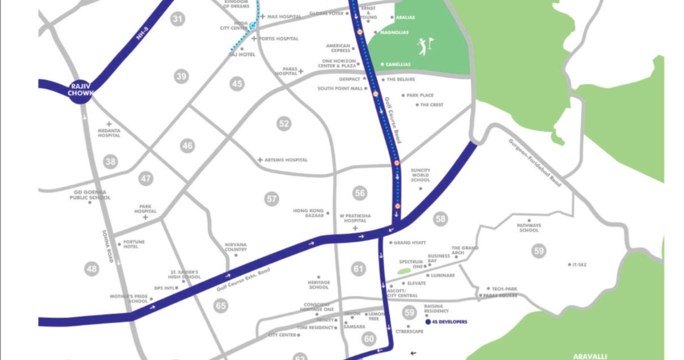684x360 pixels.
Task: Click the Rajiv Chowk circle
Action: click(79, 90)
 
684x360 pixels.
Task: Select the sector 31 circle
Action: click(177, 19)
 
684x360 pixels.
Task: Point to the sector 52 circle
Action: click(284, 123)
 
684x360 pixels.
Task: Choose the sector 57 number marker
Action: click(271, 199)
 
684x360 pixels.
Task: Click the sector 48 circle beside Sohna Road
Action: click(91, 269)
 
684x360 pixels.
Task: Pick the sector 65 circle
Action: click(220, 305)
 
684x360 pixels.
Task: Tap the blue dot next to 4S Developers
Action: click(428, 321)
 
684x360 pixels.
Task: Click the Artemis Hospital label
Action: click(286, 160)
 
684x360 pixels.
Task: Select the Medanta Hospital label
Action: click(109, 132)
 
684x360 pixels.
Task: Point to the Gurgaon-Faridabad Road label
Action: click(534, 162)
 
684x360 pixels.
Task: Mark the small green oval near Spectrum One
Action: click(404, 270)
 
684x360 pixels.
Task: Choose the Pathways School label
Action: click(528, 228)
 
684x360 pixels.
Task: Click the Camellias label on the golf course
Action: click(397, 64)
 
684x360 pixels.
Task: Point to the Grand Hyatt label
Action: click(409, 243)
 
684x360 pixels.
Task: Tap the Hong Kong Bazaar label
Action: click(308, 213)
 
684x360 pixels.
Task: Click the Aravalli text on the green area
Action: click(590, 356)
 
